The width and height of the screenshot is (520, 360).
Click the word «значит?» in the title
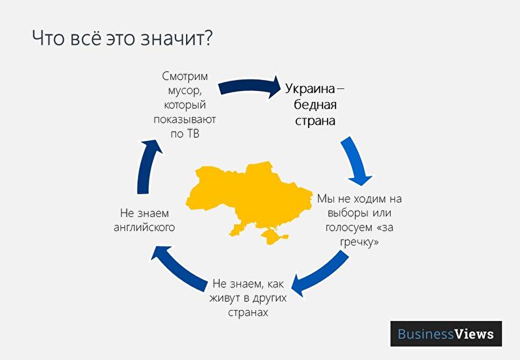coord(176,38)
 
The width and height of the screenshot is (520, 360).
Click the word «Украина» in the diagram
coord(310,89)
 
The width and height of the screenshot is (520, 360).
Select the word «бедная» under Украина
coord(315,105)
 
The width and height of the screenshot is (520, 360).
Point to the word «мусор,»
coord(185,91)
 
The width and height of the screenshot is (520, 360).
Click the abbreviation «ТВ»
coord(192,134)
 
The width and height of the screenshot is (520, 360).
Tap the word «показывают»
coord(185,120)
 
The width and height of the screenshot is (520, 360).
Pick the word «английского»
coord(144,227)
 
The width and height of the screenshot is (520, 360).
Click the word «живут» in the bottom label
coord(224,298)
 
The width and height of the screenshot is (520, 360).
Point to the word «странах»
coord(248,313)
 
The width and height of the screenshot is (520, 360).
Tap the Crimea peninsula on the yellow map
coord(274,235)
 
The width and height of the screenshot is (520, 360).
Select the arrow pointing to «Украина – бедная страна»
coord(250,86)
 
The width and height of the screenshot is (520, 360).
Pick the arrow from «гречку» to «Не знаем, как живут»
coord(322,274)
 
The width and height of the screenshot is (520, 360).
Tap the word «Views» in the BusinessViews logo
coord(474,334)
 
